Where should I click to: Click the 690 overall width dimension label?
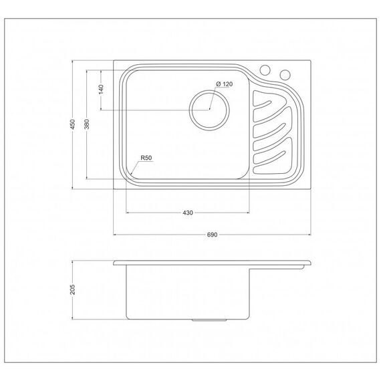(x=212, y=235)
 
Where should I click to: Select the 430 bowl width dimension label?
(x=188, y=213)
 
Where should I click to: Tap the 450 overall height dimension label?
(x=73, y=124)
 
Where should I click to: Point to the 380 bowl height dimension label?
(x=87, y=124)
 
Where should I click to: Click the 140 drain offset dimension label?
(x=101, y=90)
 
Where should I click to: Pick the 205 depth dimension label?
(x=73, y=289)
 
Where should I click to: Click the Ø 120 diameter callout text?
(x=225, y=84)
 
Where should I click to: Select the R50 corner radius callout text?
(x=146, y=158)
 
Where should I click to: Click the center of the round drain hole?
(x=209, y=110)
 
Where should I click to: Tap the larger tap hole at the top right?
(x=265, y=70)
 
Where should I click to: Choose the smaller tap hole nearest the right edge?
(x=285, y=75)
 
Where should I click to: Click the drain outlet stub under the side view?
(x=209, y=320)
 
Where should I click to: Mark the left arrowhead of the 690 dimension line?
(x=115, y=235)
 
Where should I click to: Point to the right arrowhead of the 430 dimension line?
(x=248, y=213)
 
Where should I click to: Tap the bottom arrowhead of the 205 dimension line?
(x=73, y=317)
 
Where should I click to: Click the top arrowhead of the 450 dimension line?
(x=73, y=61)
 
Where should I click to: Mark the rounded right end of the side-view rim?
(x=309, y=263)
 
